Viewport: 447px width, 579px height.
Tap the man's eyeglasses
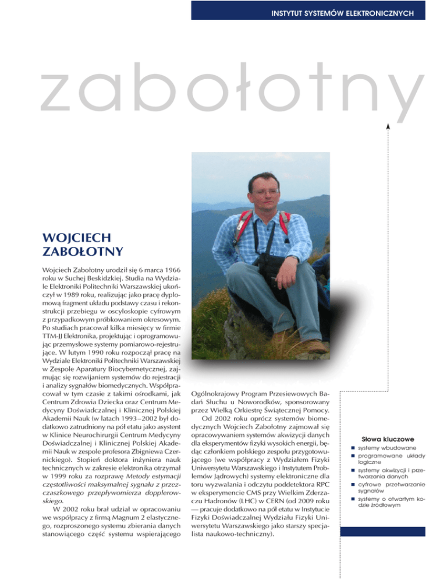[x=264, y=192]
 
